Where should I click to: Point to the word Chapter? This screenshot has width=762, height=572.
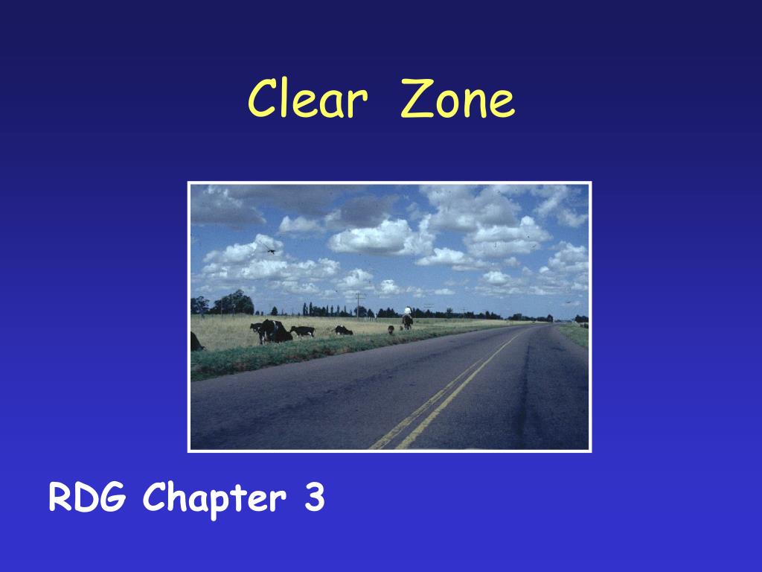(214, 498)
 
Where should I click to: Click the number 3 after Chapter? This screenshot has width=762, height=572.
(314, 497)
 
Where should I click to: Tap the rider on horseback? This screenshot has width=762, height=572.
(407, 318)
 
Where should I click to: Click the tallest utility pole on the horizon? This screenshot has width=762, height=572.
(359, 305)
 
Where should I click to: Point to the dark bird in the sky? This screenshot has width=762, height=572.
(269, 249)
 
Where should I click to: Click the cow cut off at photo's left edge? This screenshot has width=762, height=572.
(196, 342)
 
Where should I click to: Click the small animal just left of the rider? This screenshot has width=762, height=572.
(391, 330)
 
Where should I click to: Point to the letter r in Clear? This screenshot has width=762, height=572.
(358, 104)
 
